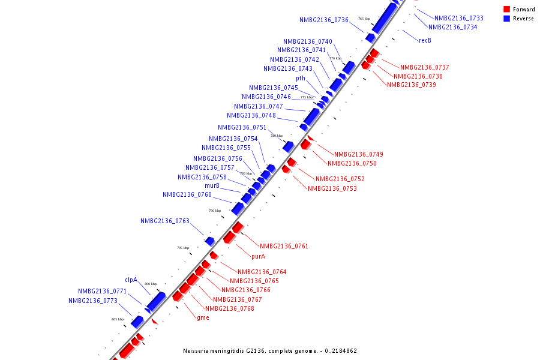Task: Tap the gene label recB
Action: click(425, 40)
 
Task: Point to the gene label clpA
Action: click(131, 280)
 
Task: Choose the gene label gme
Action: click(203, 317)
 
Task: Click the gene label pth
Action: click(301, 78)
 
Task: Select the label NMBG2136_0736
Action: click(324, 20)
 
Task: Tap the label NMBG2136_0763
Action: click(165, 221)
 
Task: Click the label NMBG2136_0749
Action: click(358, 154)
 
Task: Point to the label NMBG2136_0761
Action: click(284, 246)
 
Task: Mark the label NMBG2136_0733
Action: click(459, 18)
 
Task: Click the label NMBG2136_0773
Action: click(92, 301)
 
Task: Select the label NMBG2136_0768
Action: click(233, 308)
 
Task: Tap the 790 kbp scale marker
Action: click(215, 211)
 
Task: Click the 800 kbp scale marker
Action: click(151, 284)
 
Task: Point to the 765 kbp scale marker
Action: click(364, 19)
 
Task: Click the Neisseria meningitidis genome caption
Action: click(270, 350)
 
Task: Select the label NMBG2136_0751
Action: click(242, 127)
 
